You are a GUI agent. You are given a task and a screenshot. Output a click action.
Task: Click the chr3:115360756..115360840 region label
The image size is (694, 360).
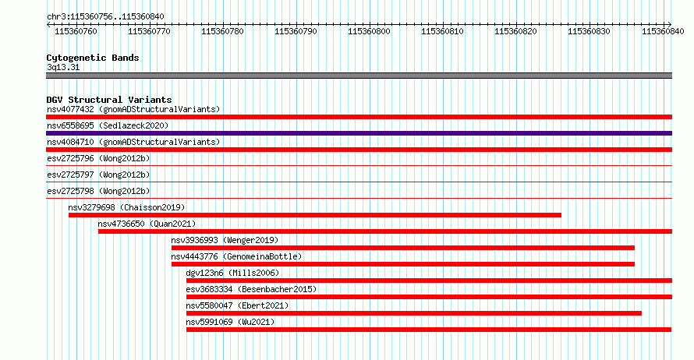click(105, 17)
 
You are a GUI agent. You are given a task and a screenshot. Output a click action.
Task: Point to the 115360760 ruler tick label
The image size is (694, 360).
click(76, 31)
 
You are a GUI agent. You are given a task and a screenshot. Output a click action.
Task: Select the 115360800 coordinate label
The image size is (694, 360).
click(369, 31)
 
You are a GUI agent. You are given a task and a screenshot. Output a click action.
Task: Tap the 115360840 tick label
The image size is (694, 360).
click(663, 31)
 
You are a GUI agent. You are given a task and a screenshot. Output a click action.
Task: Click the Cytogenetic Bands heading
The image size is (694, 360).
click(93, 58)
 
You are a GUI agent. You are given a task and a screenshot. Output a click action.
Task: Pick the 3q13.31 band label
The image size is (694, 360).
click(63, 67)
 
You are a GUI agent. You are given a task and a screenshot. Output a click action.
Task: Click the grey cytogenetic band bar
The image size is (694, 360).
click(359, 76)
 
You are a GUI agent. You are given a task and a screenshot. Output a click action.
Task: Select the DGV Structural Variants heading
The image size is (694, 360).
click(109, 100)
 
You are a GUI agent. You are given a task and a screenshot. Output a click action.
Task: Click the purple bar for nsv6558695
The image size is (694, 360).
click(359, 133)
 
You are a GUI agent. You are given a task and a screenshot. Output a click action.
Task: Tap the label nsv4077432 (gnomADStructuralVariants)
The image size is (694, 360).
click(133, 109)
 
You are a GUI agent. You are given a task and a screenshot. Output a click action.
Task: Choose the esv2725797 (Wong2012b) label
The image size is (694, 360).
click(98, 175)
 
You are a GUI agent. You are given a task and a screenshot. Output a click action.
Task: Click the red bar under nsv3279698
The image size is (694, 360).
click(315, 215)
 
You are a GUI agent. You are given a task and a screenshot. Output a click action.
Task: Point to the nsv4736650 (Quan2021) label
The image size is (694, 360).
click(147, 224)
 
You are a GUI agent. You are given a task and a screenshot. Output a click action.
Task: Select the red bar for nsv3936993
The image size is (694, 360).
click(403, 248)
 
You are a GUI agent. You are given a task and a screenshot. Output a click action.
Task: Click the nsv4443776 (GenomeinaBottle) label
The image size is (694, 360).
click(236, 256)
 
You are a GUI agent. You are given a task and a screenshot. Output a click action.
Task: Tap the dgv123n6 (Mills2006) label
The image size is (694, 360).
click(232, 273)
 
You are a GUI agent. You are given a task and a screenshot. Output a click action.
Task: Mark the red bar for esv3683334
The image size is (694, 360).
click(429, 297)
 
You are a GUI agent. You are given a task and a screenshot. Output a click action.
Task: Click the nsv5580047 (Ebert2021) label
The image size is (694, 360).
click(237, 305)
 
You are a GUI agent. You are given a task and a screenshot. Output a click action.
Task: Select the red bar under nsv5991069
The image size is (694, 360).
click(429, 330)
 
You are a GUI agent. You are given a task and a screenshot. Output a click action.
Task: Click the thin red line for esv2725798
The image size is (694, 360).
click(359, 199)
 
